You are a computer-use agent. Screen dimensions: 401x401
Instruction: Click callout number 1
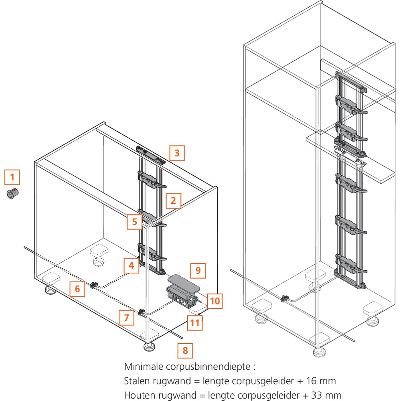pos(12,177)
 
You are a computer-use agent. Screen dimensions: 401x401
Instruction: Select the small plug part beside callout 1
pos(13,192)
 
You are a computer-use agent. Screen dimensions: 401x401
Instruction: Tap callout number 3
pos(177,153)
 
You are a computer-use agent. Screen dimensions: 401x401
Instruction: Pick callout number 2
pos(173,200)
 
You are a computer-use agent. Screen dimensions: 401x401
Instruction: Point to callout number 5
pos(135,221)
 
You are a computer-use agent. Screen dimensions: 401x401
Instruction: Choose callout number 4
pos(131,265)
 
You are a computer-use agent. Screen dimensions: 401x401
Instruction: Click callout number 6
pos(77,289)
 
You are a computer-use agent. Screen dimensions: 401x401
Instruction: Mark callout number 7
pos(126,318)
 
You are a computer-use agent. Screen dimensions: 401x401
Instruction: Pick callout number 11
pos(195,322)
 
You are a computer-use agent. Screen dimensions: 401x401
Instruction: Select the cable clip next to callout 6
pos(94,285)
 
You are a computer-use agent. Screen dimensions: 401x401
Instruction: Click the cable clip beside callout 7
pos(142,312)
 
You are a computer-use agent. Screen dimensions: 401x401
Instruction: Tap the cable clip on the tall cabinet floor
pos(284,299)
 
